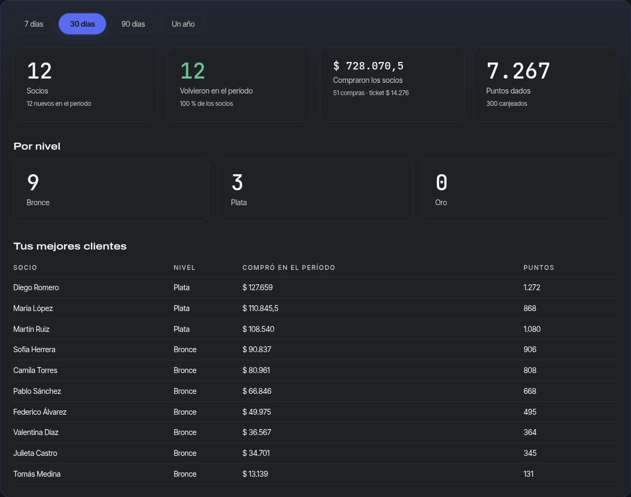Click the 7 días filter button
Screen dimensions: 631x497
(34, 24)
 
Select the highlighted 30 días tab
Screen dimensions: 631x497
(82, 24)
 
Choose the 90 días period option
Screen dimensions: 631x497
(133, 24)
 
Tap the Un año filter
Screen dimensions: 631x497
(183, 24)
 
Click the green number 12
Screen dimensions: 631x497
(193, 71)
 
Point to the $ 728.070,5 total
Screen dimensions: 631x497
(368, 66)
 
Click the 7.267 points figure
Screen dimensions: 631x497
(518, 71)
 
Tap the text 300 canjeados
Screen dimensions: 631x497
(506, 103)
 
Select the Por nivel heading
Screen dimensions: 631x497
(37, 146)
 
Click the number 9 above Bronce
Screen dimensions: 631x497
(33, 182)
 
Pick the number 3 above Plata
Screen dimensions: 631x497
(237, 182)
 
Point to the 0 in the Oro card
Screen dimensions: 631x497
(442, 182)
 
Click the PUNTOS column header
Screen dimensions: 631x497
(539, 268)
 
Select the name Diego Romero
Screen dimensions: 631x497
(36, 288)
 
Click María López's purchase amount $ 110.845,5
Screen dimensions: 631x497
(260, 308)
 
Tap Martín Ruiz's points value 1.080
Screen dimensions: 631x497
(532, 329)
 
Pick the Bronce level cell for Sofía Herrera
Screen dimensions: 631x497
(185, 350)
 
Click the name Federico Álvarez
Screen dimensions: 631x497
(40, 411)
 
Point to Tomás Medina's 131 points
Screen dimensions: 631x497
(528, 474)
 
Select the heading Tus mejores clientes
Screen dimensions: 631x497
(70, 246)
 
